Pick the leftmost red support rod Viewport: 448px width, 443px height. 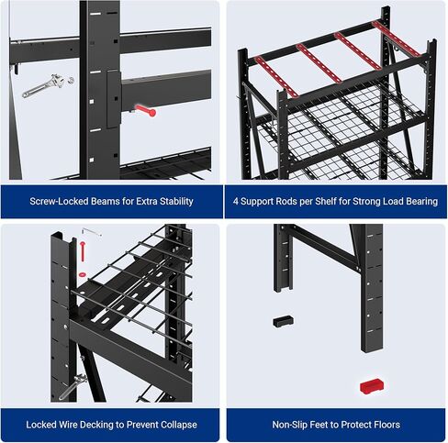tap(275, 75)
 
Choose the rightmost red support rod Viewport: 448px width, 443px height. tap(398, 38)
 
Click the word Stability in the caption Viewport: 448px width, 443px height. tap(171, 201)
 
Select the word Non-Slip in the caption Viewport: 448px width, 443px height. tap(291, 425)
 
